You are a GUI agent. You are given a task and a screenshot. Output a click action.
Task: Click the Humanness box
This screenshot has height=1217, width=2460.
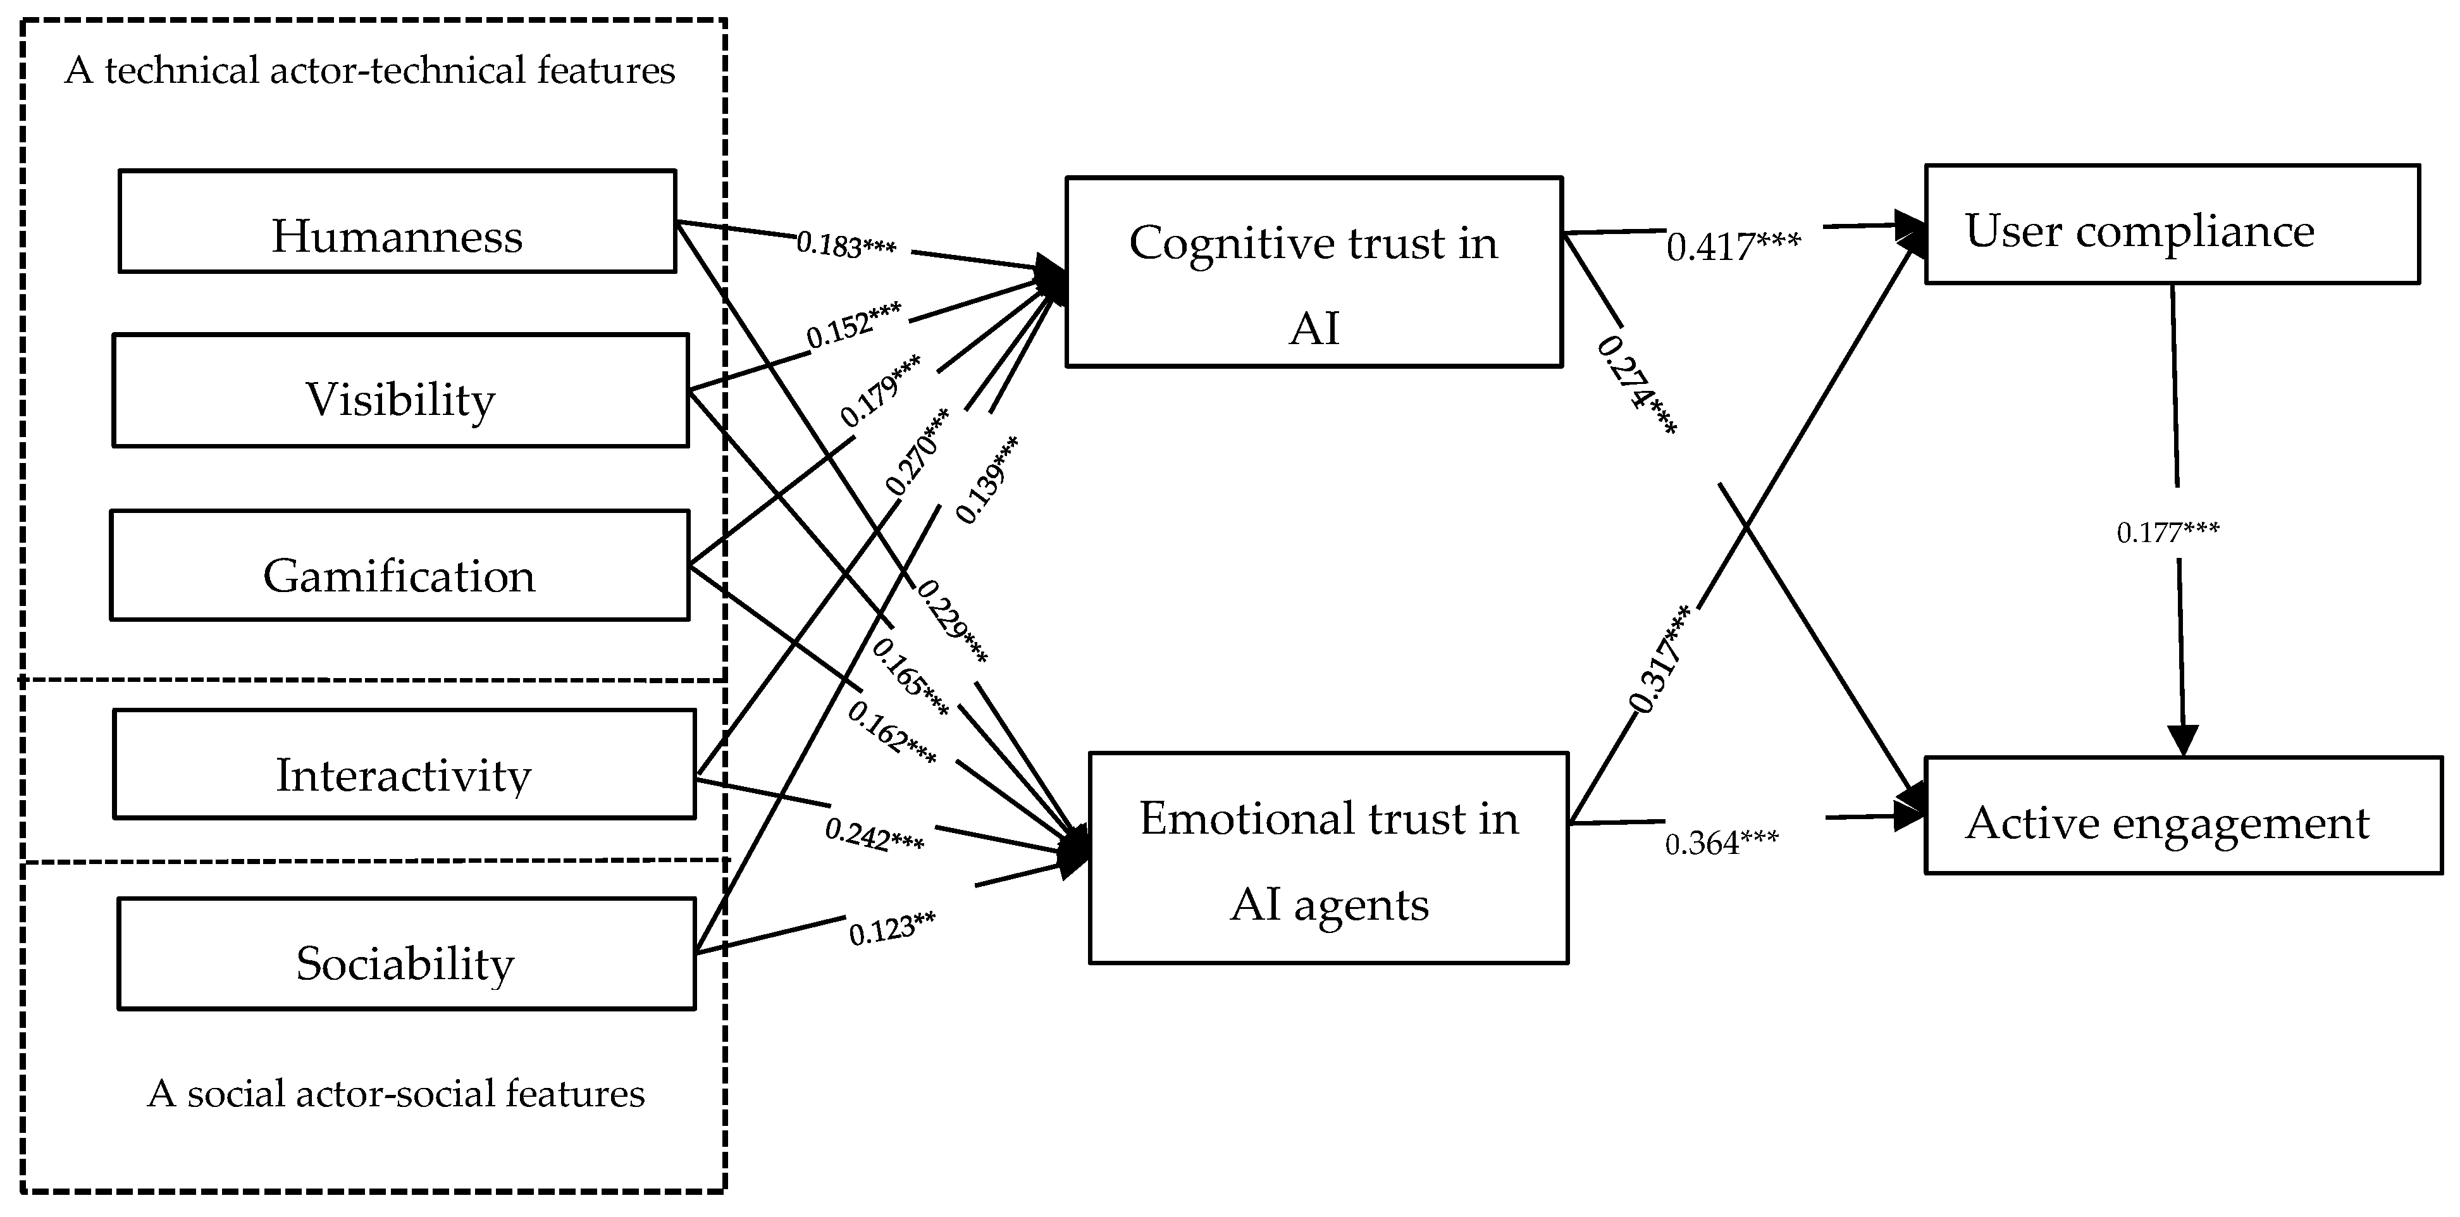point(397,221)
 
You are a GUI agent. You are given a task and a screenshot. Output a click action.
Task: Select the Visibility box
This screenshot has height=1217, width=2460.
point(400,390)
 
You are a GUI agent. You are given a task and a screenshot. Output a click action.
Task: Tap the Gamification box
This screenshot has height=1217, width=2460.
point(399,565)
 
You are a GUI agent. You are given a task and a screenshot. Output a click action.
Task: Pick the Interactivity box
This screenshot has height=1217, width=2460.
point(404,764)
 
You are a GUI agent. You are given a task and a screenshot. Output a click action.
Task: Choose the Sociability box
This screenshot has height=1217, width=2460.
point(406,953)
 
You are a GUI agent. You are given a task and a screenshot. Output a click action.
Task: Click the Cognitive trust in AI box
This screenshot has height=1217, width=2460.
point(1314,272)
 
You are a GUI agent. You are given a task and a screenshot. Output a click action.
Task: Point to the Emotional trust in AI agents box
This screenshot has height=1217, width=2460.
point(1328,858)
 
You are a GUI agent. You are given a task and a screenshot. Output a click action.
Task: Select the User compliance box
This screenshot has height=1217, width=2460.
point(2172,225)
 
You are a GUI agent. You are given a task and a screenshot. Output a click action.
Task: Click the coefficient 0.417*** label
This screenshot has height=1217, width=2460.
point(1733,247)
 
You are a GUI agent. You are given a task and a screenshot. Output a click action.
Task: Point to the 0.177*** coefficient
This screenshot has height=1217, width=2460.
point(2168,532)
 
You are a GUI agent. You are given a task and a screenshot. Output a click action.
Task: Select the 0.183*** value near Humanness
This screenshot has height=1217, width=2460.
point(846,245)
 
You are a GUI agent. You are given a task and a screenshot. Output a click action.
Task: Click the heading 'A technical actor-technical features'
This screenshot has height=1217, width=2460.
point(369,71)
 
